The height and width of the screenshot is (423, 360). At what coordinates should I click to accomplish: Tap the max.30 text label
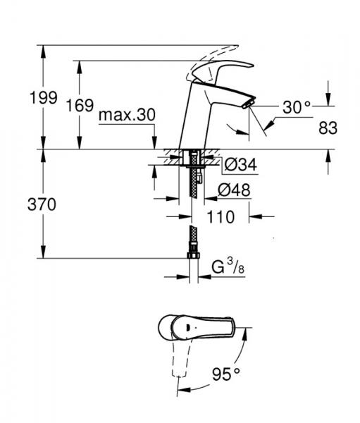(x=127, y=115)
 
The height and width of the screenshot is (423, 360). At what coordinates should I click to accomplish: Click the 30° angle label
(x=297, y=107)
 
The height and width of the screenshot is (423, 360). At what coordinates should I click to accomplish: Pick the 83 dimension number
(x=328, y=128)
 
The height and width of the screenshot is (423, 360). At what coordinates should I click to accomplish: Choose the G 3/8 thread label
(x=227, y=267)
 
